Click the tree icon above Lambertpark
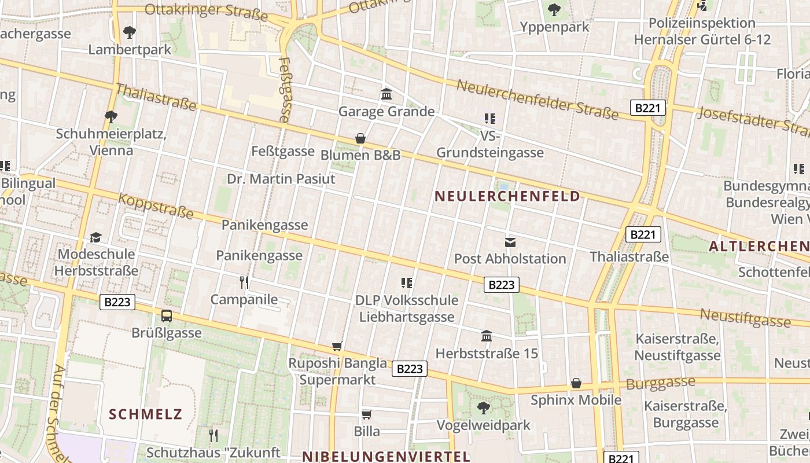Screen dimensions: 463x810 click(130, 32)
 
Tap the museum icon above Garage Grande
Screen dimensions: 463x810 click(386, 94)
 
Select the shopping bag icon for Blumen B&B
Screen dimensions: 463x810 click(360, 138)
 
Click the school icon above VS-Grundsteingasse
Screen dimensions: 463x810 click(490, 119)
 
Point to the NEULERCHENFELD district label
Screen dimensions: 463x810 click(507, 196)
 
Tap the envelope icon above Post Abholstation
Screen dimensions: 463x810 click(510, 242)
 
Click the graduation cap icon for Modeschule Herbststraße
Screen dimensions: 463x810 click(95, 237)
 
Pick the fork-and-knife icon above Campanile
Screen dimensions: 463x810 click(244, 282)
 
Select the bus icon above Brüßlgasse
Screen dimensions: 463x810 click(167, 316)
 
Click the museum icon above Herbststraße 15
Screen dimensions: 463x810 click(487, 336)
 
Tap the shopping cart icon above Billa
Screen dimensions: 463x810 click(366, 414)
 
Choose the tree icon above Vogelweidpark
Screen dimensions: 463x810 click(483, 408)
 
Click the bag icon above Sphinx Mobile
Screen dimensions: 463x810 click(576, 383)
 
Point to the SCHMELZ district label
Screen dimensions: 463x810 click(146, 414)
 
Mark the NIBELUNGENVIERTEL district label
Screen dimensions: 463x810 click(386, 456)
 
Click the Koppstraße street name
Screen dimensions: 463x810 click(156, 206)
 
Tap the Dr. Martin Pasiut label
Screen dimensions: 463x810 click(281, 179)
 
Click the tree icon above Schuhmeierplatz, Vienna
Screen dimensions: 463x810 click(111, 117)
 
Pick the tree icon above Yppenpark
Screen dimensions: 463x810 click(554, 10)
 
